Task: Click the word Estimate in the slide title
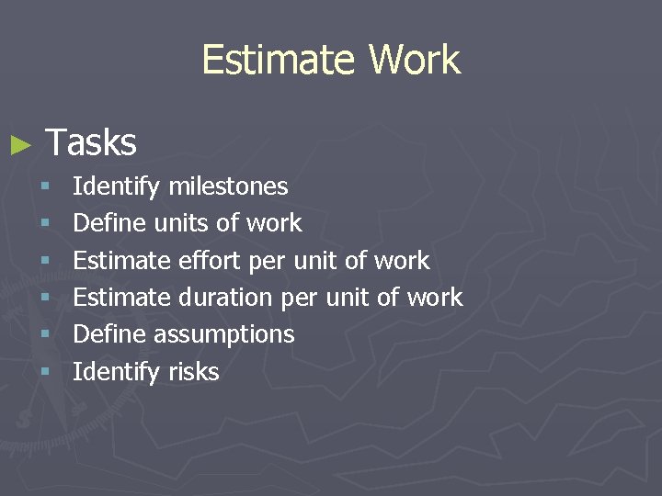[280, 61]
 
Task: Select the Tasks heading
[91, 143]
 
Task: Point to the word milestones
[228, 186]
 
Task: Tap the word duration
[225, 298]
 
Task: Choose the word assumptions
[224, 335]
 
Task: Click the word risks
[194, 372]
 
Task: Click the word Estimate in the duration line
[121, 298]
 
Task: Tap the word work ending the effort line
[402, 261]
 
